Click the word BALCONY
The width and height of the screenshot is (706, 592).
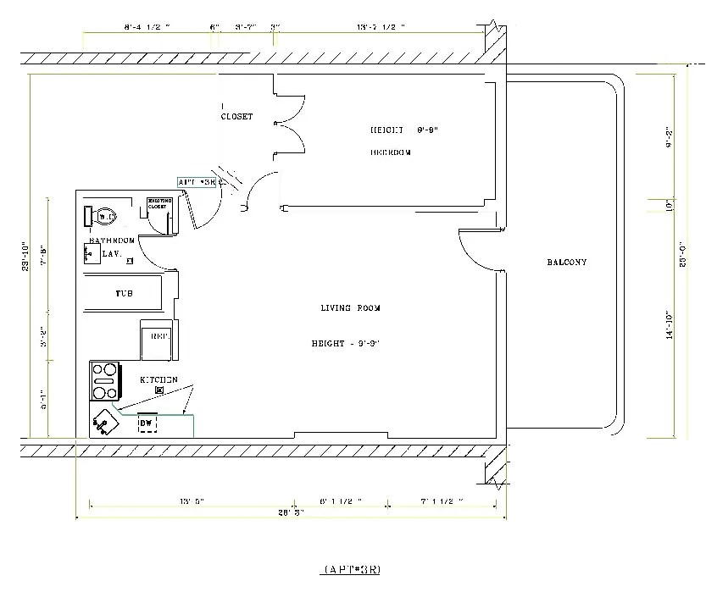coord(567,263)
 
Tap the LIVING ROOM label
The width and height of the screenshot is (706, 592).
coord(350,308)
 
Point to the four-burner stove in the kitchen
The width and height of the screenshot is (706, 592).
coord(105,381)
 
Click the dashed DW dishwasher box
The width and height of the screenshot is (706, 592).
coord(147,423)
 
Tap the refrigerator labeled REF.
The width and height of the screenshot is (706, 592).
coord(158,337)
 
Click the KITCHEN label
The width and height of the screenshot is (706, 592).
coord(158,380)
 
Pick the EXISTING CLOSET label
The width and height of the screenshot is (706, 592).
coord(160,204)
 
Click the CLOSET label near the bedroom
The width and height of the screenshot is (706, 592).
coord(236,117)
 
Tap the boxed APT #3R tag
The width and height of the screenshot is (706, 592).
coord(197,182)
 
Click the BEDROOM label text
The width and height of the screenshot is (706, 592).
coord(391,153)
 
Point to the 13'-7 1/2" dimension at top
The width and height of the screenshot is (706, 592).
coord(381,28)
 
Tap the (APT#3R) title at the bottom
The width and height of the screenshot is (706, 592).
coord(352,568)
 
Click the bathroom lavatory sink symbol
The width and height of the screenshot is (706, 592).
coord(89,252)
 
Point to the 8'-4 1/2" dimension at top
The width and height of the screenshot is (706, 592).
coord(147,28)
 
